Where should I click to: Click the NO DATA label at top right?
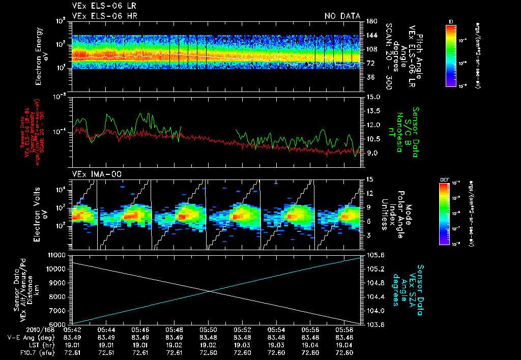tap(342, 16)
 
